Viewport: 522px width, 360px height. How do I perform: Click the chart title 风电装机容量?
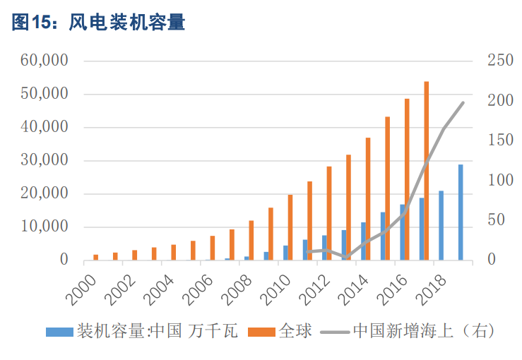click(x=127, y=23)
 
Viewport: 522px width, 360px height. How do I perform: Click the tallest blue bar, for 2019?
click(x=461, y=212)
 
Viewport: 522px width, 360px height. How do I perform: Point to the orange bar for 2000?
click(x=96, y=258)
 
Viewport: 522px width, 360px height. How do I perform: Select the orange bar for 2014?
click(x=368, y=199)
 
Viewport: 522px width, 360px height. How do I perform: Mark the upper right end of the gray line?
click(x=463, y=103)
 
